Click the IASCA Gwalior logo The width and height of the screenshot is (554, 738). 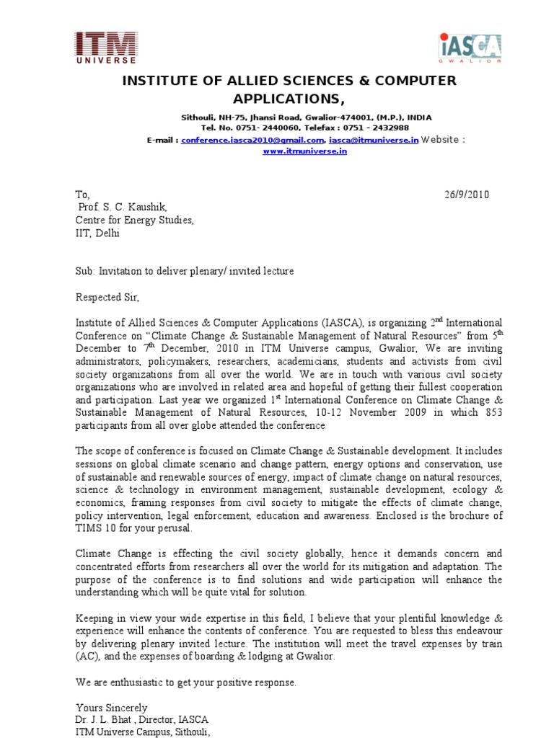pos(470,48)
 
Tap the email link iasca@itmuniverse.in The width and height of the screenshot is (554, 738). pos(373,140)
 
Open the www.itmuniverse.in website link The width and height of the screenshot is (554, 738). pos(294,152)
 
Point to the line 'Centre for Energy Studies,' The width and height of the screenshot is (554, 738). pos(135,221)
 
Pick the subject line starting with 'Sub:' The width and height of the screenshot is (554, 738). pos(185,271)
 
